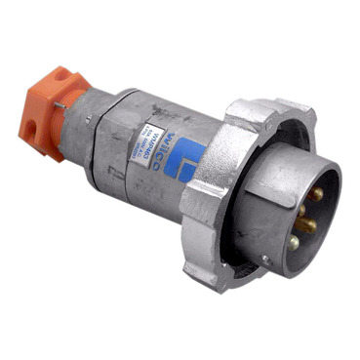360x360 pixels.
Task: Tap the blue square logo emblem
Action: click(187, 156)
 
